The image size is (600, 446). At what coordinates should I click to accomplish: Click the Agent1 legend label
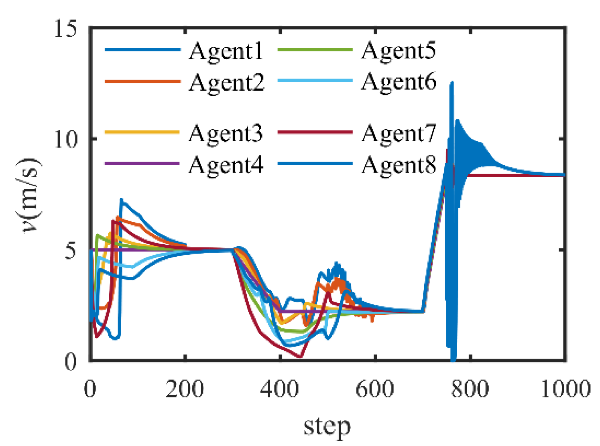coord(226,51)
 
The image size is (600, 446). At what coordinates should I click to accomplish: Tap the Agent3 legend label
coord(226,133)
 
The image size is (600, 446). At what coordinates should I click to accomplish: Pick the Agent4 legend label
coord(226,165)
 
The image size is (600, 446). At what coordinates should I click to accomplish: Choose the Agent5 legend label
coord(399,51)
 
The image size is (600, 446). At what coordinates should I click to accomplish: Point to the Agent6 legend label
coord(399,82)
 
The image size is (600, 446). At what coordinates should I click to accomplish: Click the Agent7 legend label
coord(399,133)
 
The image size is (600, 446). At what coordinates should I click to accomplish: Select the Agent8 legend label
coord(399,165)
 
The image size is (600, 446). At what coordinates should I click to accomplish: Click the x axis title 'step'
coord(327,426)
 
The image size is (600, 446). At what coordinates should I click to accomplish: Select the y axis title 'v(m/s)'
coord(31,195)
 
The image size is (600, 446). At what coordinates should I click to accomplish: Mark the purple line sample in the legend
coord(142,164)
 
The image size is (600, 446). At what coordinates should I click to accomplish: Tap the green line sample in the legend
coord(315,50)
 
